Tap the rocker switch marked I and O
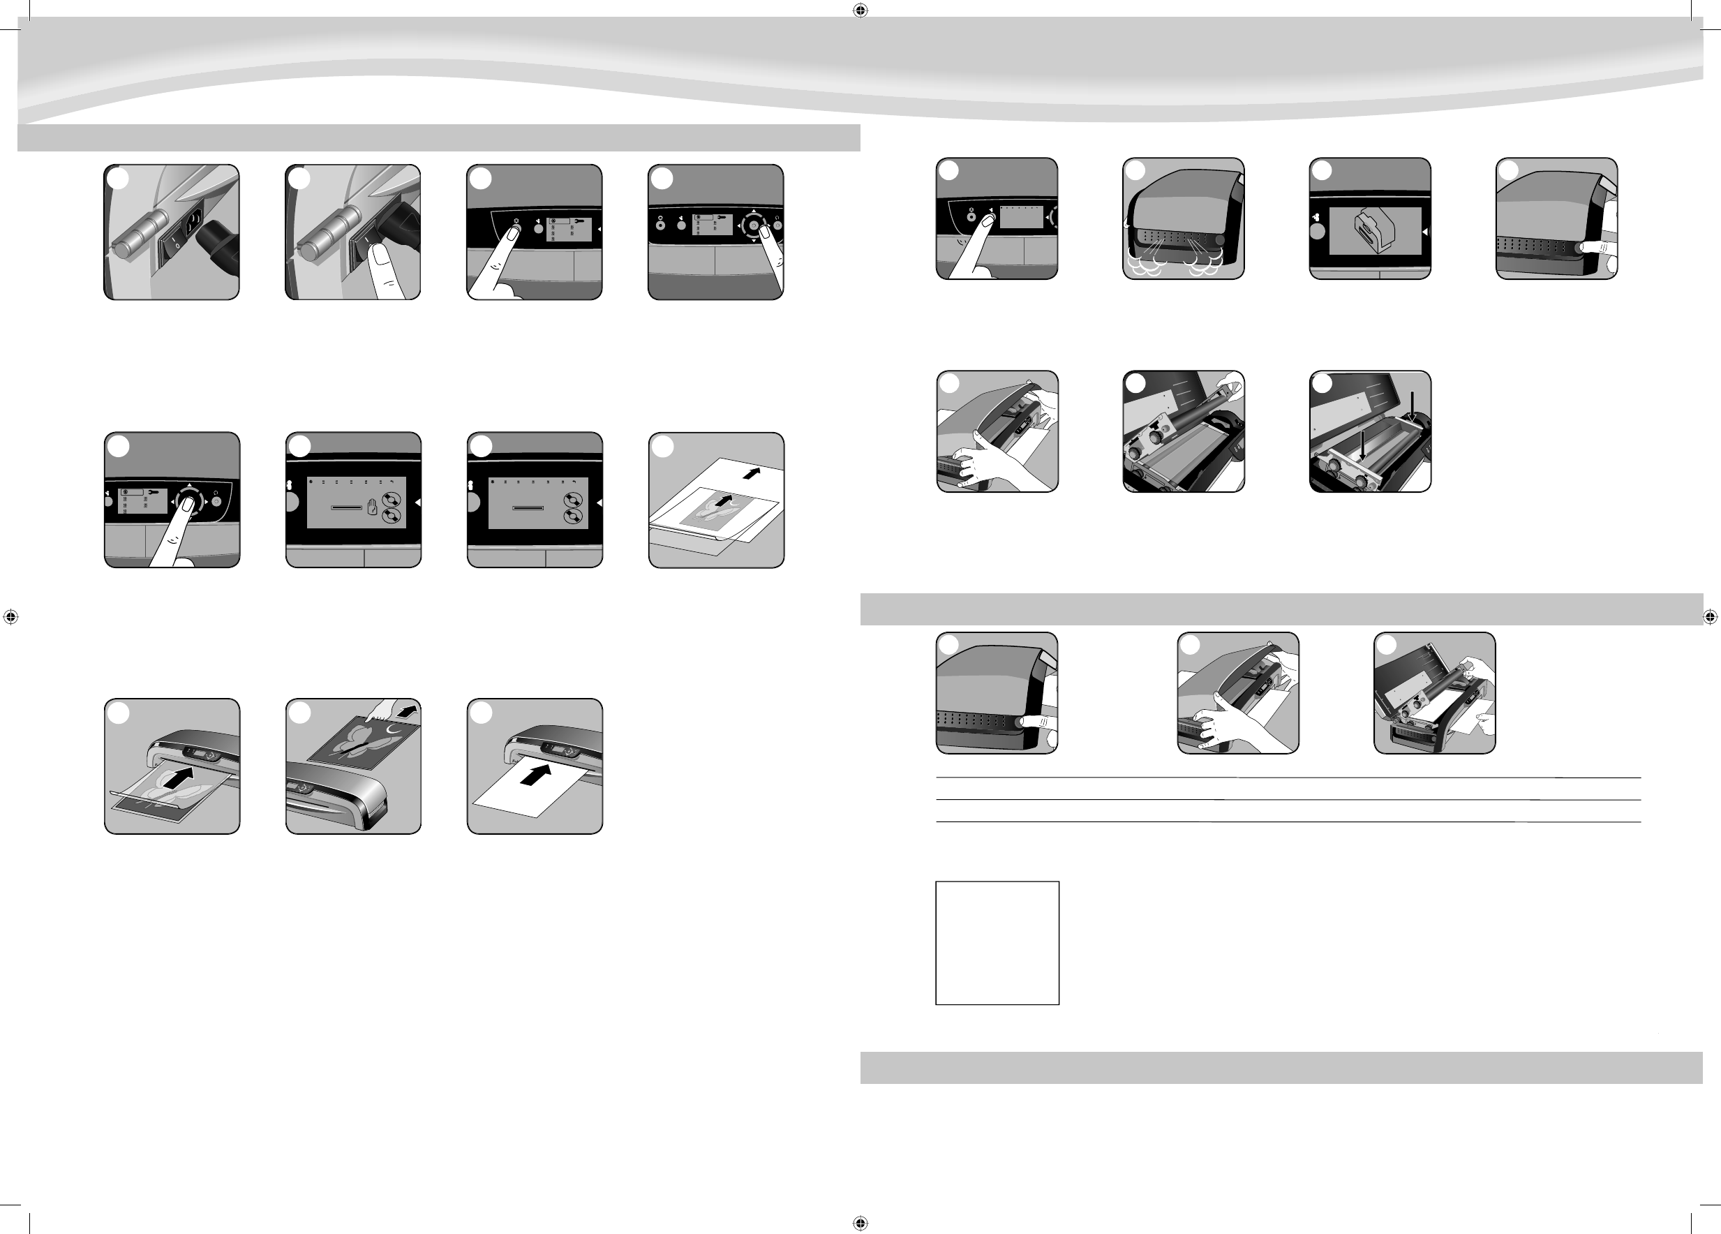click(174, 243)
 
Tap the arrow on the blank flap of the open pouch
click(751, 473)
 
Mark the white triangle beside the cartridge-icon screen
click(1424, 232)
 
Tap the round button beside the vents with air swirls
click(1221, 240)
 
